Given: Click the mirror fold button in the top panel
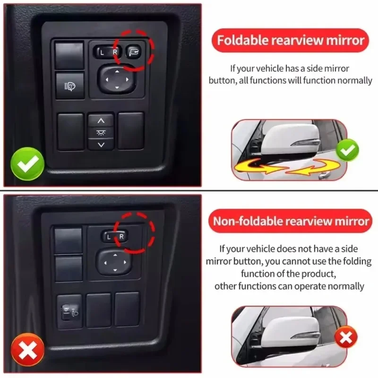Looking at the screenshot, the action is pyautogui.click(x=133, y=52).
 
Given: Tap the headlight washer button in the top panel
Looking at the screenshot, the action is pyautogui.click(x=70, y=86).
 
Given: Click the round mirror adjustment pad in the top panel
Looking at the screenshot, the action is pyautogui.click(x=117, y=79).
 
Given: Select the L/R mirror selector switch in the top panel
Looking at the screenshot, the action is pyautogui.click(x=108, y=52).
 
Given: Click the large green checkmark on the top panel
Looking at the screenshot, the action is pyautogui.click(x=27, y=163).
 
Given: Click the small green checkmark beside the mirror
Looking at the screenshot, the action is pyautogui.click(x=347, y=150).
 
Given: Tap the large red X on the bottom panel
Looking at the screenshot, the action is pyautogui.click(x=28, y=349).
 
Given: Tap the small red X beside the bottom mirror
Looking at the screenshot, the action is pyautogui.click(x=346, y=337).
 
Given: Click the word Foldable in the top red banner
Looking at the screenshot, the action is pyautogui.click(x=243, y=40).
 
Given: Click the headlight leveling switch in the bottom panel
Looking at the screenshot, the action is pyautogui.click(x=69, y=312).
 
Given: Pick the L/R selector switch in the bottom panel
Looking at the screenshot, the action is pyautogui.click(x=115, y=237).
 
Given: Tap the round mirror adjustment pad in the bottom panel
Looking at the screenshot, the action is pyautogui.click(x=115, y=262).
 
